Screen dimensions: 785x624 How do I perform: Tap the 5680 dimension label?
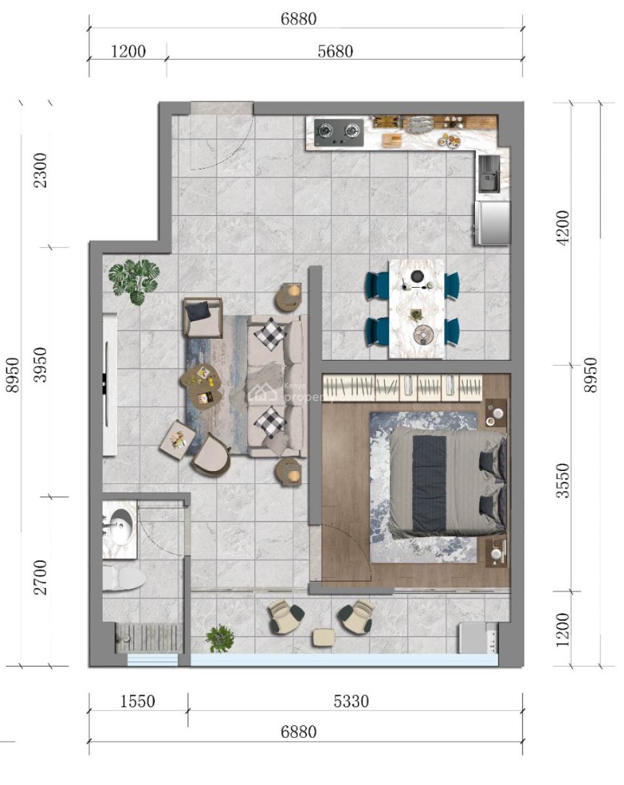335,52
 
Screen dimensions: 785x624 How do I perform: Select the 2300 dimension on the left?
41,170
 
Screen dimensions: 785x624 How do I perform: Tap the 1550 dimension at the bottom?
138,701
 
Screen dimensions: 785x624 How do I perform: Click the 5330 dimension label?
351,701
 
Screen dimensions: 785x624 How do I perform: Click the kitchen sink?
489,174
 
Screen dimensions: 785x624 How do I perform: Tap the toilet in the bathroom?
124,577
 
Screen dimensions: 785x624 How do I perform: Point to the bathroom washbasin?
120,529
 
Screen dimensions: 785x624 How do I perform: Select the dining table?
417,309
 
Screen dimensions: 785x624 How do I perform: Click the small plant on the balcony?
219,638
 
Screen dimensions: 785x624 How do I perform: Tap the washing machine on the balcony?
478,638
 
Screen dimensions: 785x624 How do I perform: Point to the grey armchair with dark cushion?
203,317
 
